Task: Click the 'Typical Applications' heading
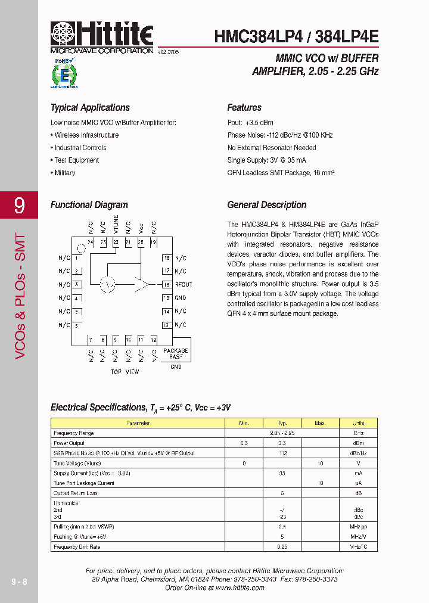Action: click(x=90, y=108)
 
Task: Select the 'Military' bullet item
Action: click(x=65, y=173)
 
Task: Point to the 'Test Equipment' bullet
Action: click(x=77, y=160)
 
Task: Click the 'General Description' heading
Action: click(x=267, y=205)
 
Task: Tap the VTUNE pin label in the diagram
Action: click(x=116, y=224)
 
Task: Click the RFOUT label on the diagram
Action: click(x=183, y=285)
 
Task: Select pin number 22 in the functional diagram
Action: click(x=116, y=243)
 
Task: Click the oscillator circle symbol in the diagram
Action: click(x=108, y=285)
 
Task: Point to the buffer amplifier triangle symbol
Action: click(x=141, y=285)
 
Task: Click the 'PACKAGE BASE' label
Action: click(x=175, y=353)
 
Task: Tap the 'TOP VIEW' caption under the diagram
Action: click(x=125, y=372)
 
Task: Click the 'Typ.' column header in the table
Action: click(x=282, y=423)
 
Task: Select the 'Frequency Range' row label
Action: click(x=74, y=433)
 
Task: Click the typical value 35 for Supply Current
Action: click(x=282, y=473)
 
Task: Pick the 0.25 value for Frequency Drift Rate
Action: click(x=282, y=546)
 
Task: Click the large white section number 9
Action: click(x=19, y=206)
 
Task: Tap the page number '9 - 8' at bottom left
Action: click(x=19, y=582)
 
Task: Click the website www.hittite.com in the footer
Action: click(x=240, y=588)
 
